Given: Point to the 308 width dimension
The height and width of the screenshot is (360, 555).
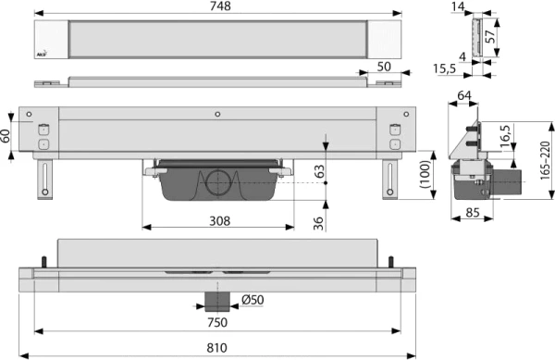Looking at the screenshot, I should tap(219, 222).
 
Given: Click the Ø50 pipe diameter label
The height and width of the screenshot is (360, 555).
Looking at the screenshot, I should tap(254, 301).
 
